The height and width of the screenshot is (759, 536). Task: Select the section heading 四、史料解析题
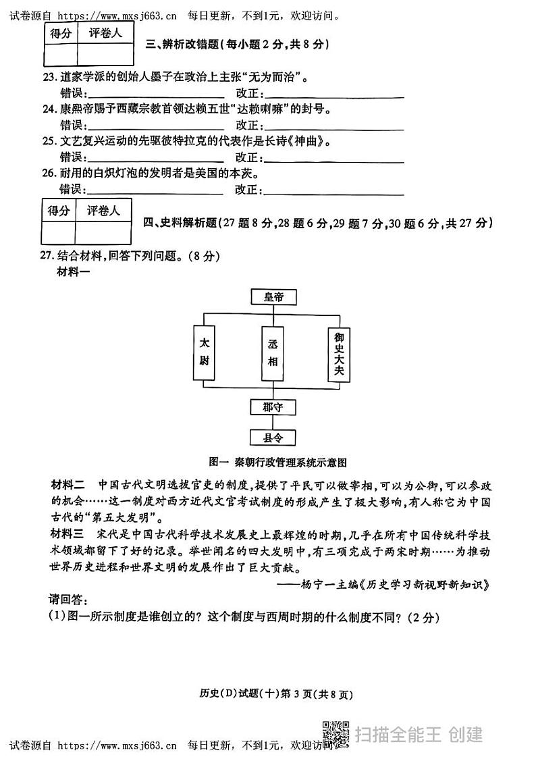(x=319, y=223)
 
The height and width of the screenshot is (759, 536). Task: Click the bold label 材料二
(x=68, y=485)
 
